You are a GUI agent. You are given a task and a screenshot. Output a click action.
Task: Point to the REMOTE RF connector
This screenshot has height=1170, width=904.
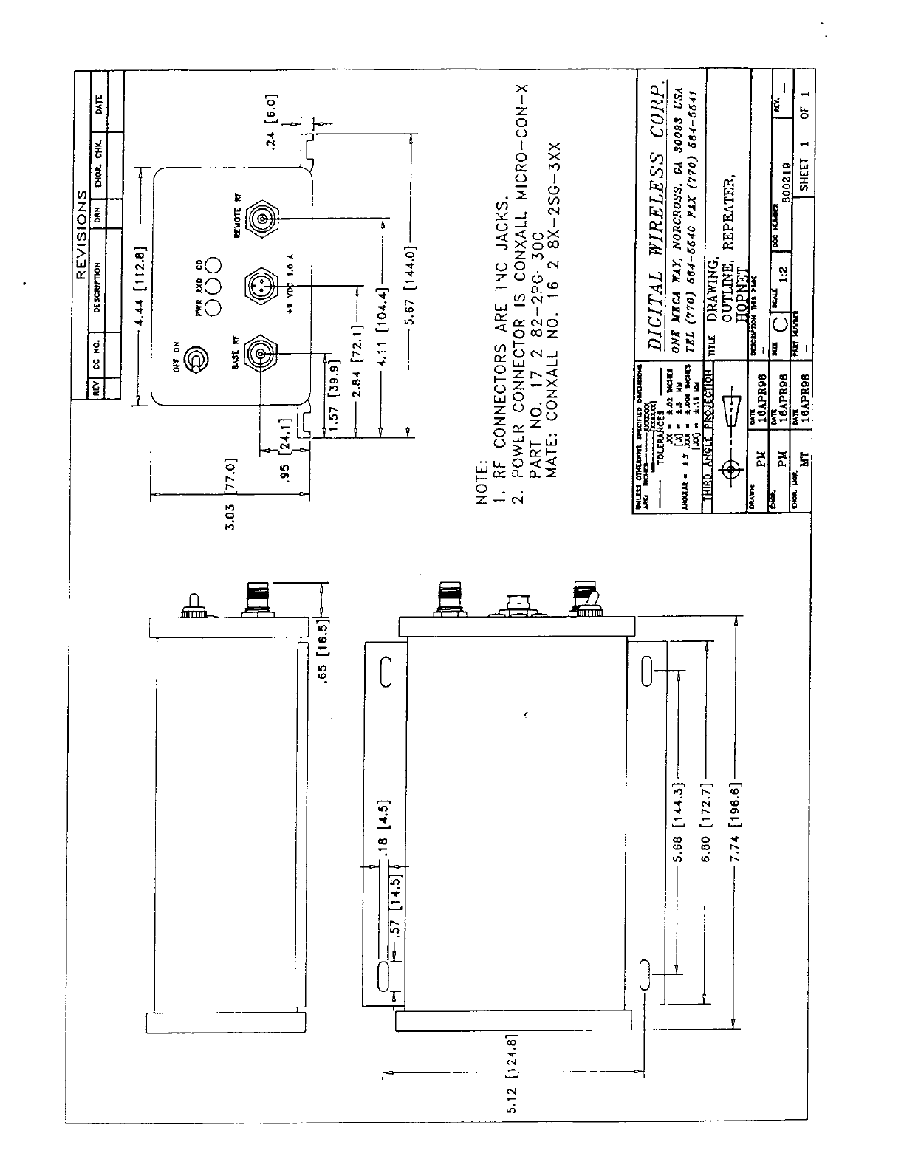[x=261, y=219]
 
